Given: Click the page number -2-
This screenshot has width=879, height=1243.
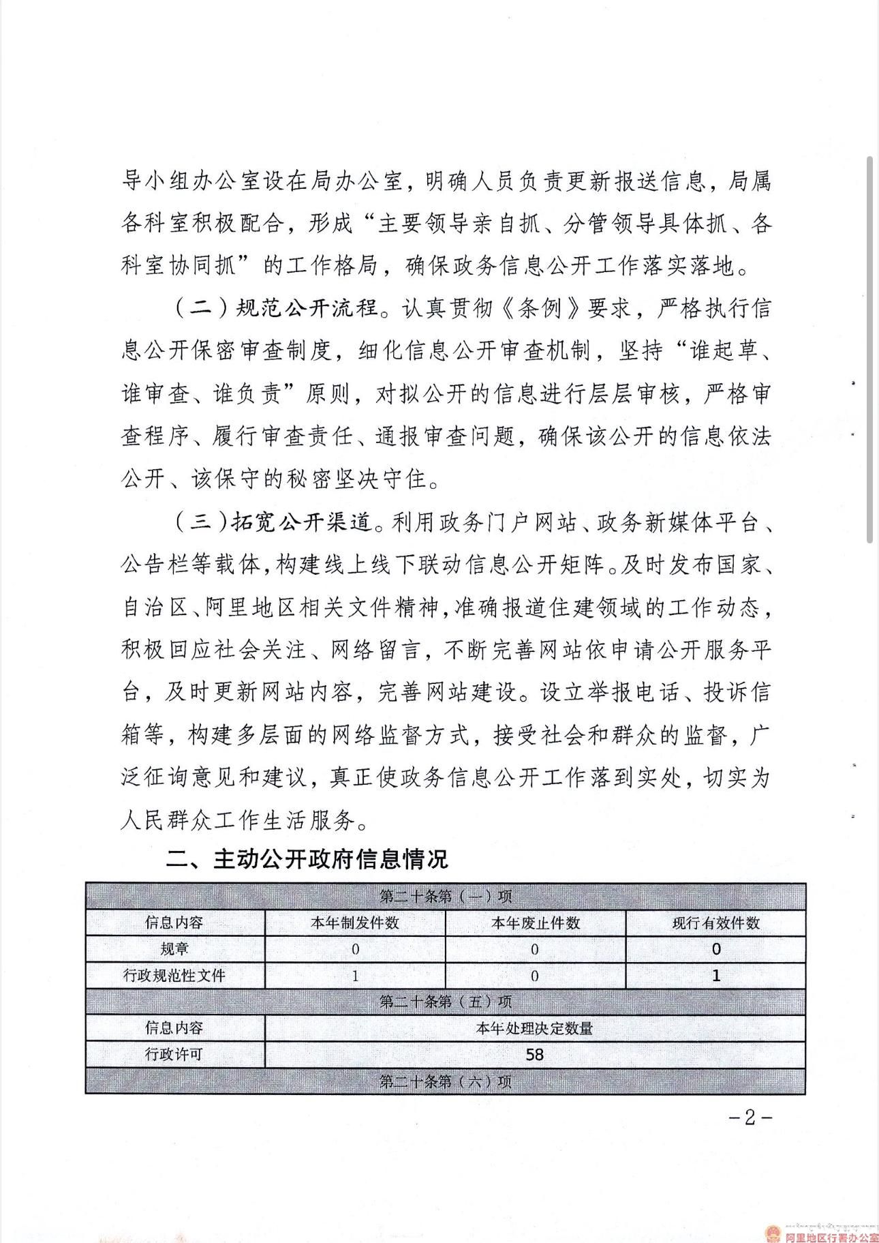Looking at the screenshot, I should click(750, 1118).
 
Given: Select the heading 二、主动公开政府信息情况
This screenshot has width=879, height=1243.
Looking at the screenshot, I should click(307, 858).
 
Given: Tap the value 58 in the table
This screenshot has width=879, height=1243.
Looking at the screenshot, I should click(535, 1055).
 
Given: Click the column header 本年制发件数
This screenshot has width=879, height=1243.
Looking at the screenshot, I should click(354, 923).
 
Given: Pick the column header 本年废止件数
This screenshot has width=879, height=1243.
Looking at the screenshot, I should click(535, 923).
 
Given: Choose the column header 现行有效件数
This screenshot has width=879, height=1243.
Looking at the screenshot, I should click(715, 923).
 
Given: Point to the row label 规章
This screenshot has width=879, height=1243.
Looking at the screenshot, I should click(174, 949).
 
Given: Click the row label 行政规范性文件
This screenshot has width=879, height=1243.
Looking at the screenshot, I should click(174, 976).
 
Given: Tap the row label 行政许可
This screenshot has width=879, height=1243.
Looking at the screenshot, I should click(174, 1055).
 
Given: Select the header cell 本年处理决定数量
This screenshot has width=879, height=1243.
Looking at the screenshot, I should click(535, 1028).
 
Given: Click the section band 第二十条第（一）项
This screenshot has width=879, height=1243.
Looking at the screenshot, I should click(445, 896).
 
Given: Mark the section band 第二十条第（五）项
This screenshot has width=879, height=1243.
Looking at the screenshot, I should click(445, 1002).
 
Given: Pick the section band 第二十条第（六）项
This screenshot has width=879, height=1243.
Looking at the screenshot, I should click(445, 1081).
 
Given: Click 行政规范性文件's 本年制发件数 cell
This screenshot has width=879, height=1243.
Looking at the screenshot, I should click(354, 976).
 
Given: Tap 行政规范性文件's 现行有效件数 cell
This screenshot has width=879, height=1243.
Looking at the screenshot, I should click(715, 976).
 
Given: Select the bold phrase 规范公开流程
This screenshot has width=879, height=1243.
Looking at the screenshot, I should click(306, 308).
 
